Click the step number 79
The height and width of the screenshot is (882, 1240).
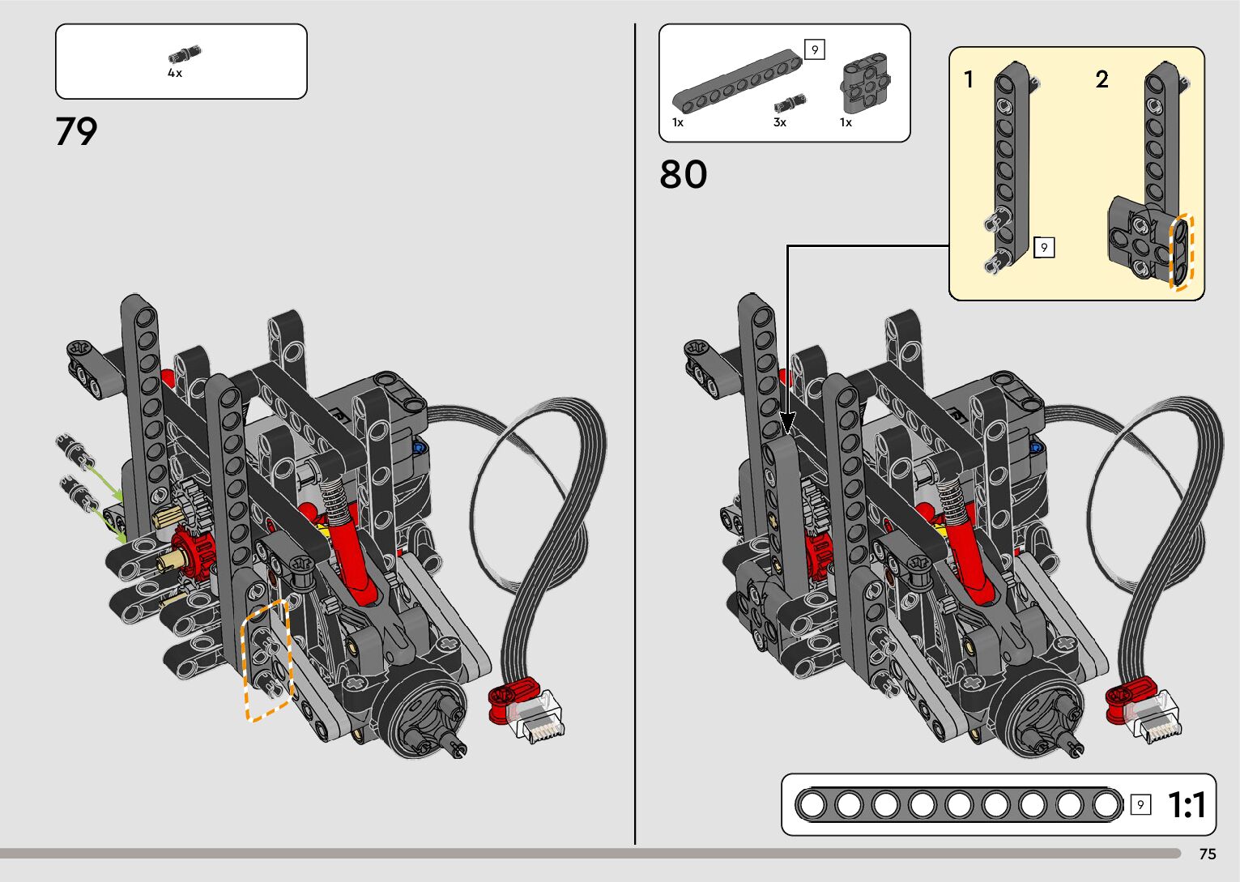point(76,132)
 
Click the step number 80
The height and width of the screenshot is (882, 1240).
point(683,174)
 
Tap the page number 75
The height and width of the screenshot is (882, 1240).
point(1208,854)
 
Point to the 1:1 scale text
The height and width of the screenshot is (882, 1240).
point(1187,804)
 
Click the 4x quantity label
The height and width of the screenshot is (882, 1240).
point(175,73)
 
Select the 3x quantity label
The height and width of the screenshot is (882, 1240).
point(779,122)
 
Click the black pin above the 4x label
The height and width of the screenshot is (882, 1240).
point(185,54)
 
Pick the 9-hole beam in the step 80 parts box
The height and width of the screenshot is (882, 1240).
point(737,80)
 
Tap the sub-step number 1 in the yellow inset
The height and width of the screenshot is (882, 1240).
point(968,79)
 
